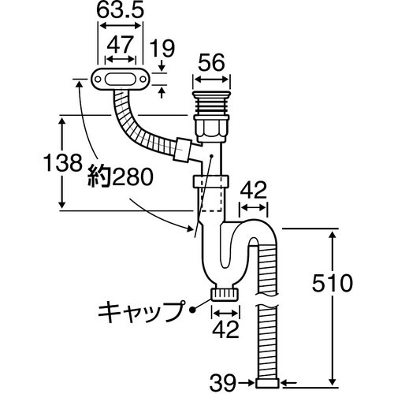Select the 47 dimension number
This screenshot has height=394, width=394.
point(118,46)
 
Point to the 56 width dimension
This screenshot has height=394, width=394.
point(213,62)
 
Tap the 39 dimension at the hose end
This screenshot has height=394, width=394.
point(226,384)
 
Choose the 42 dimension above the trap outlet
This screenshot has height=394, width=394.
point(253,189)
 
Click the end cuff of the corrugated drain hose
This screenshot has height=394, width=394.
point(268,382)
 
